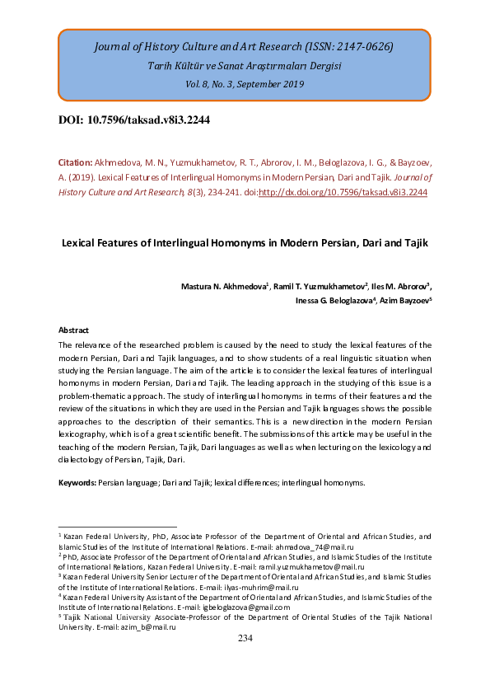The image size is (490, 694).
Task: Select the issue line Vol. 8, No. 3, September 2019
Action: [x=245, y=84]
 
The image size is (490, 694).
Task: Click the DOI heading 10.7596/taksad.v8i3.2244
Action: [x=134, y=120]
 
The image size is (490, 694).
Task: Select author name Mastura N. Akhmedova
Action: [x=224, y=286]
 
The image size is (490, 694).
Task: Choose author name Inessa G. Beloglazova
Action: [x=334, y=301]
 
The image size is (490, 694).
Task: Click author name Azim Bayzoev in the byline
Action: [x=406, y=301]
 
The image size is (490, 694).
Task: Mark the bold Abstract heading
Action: [x=73, y=330]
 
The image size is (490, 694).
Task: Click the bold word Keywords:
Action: [x=77, y=481]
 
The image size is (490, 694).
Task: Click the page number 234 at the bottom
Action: [x=245, y=639]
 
